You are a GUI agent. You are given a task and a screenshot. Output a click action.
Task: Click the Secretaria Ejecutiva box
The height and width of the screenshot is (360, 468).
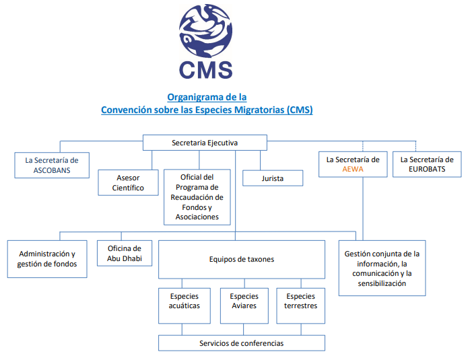tap(205, 143)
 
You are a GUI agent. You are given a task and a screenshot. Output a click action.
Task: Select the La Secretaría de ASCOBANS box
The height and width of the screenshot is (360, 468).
tap(52, 166)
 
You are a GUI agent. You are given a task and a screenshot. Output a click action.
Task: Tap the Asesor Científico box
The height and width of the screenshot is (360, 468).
tap(128, 182)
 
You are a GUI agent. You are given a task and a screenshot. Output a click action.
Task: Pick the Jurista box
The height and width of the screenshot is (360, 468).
tap(273, 178)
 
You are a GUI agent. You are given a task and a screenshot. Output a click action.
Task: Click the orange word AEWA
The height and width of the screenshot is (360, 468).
tap(353, 169)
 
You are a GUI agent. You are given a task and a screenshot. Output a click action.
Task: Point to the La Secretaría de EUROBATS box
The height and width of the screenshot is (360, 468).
tap(427, 164)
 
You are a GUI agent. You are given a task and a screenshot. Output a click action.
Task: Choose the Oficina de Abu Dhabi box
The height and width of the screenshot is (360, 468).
tap(125, 253)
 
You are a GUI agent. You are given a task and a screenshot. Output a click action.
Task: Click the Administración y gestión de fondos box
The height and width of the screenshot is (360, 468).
tap(47, 259)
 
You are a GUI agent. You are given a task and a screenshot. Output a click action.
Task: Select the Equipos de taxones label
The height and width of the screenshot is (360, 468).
tap(242, 259)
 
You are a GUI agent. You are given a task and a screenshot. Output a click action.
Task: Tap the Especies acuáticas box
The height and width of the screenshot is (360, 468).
tap(184, 305)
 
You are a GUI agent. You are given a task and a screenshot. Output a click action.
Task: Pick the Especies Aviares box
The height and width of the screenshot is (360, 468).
tap(244, 305)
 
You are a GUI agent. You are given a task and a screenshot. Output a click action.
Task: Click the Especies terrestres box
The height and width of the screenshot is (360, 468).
tap(300, 305)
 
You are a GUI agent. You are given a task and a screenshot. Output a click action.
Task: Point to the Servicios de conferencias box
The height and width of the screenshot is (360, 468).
tap(242, 343)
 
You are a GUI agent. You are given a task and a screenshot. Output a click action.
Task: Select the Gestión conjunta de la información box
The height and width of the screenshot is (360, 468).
tap(382, 268)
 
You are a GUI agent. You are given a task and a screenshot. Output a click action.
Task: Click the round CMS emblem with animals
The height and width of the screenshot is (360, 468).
tap(205, 30)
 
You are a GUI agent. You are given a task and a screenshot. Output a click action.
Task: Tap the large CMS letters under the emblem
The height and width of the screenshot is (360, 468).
tap(205, 70)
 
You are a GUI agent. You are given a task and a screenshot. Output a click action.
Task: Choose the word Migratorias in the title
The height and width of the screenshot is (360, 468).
tap(259, 110)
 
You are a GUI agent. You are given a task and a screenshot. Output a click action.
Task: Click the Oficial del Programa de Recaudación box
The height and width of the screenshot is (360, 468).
tap(197, 197)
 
